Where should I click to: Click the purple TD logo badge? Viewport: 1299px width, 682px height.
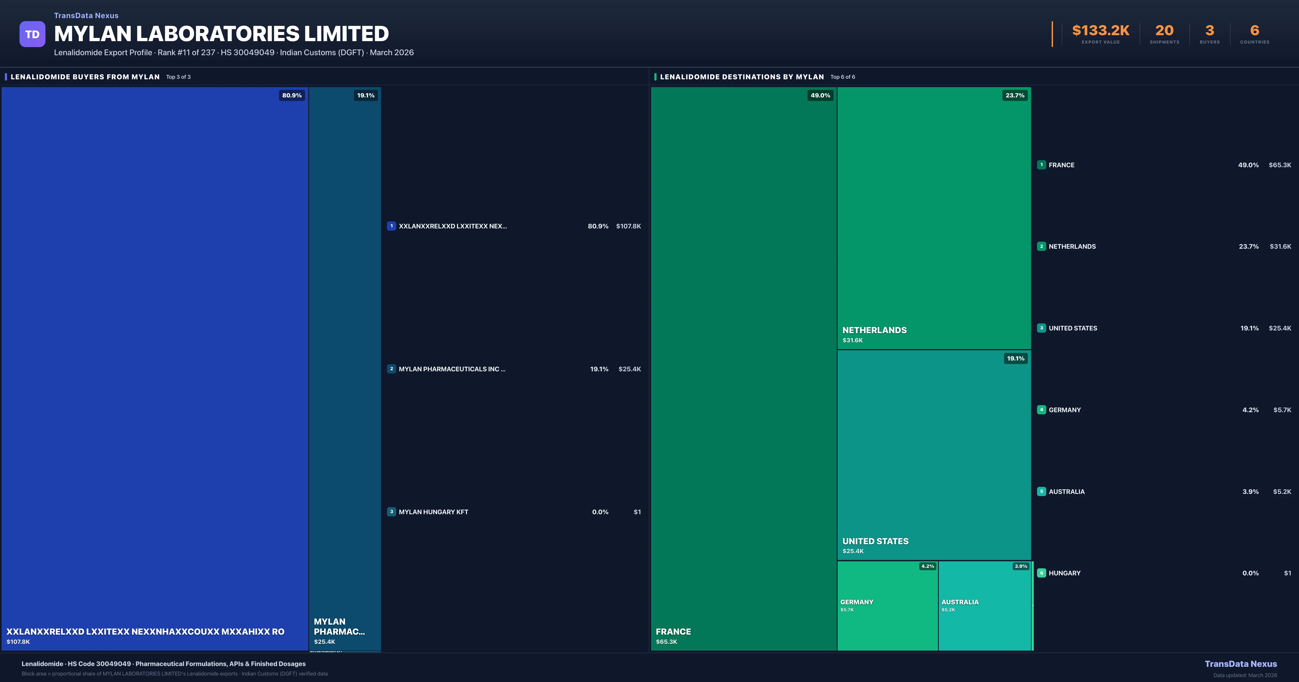[x=32, y=34]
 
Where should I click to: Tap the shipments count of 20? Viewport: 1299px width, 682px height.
[x=1164, y=31]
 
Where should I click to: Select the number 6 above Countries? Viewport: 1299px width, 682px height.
[x=1255, y=31]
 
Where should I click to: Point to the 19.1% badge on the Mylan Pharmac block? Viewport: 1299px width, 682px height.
[x=366, y=95]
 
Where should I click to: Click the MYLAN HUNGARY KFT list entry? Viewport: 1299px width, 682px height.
[x=433, y=512]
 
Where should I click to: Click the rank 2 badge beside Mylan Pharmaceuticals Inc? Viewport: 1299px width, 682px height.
[x=391, y=369]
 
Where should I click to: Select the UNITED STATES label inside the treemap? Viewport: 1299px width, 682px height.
[x=875, y=541]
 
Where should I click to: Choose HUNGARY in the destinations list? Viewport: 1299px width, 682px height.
[x=1065, y=573]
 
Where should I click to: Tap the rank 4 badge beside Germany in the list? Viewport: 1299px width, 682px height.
[x=1041, y=409]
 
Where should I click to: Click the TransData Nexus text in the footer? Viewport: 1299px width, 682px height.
[x=1241, y=664]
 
